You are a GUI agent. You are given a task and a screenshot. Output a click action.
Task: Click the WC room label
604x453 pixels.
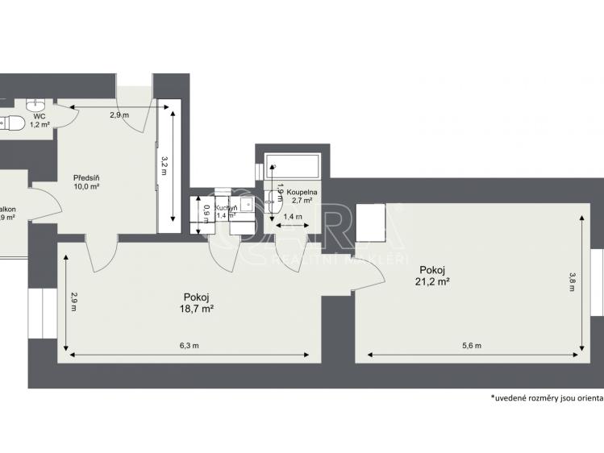click(x=38, y=116)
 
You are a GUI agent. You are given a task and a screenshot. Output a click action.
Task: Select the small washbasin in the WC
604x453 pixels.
click(x=35, y=105)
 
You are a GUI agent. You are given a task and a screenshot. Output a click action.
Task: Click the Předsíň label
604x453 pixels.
click(x=85, y=177)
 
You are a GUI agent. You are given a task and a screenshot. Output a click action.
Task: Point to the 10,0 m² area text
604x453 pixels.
click(x=85, y=186)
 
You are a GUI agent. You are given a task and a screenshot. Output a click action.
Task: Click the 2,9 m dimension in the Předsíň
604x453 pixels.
click(x=119, y=115)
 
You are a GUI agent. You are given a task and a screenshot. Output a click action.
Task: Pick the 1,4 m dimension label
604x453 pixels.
click(x=294, y=218)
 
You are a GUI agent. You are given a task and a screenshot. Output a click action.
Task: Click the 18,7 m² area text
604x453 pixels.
click(x=196, y=308)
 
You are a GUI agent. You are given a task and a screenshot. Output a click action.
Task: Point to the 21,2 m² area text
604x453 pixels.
click(x=432, y=281)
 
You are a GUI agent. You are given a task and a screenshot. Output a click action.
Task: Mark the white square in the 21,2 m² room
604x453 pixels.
click(x=373, y=223)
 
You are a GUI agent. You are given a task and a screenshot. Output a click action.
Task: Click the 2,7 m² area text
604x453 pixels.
click(x=303, y=202)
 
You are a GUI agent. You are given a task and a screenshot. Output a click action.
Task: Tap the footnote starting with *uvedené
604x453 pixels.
click(x=547, y=399)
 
